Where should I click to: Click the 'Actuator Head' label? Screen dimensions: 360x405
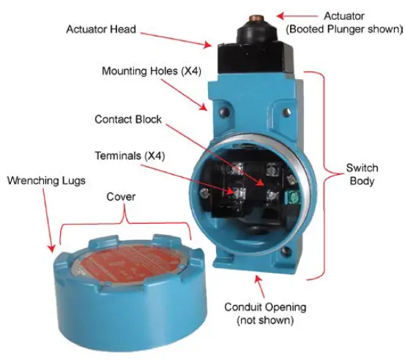[x=101, y=29]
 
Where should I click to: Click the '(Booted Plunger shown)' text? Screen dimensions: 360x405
[x=345, y=29]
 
